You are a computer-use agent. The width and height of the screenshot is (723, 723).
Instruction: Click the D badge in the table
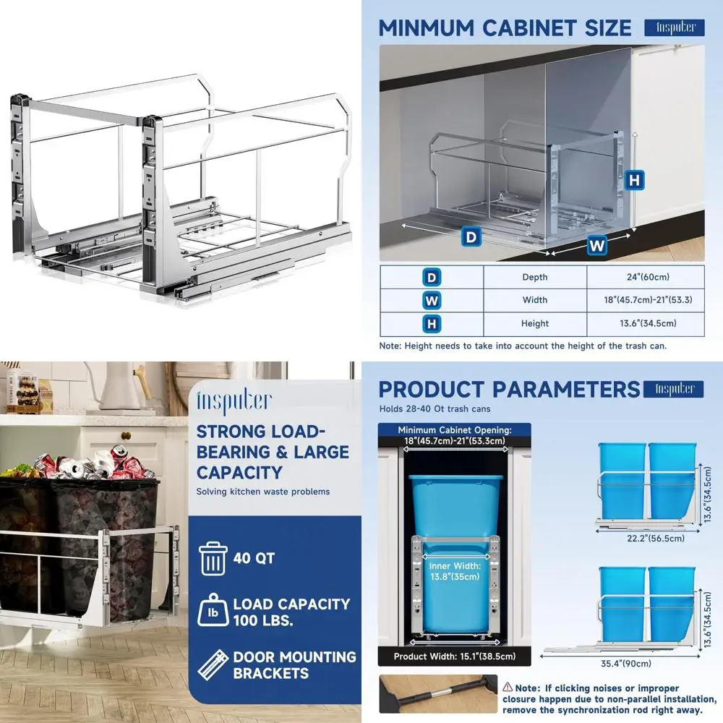(x=432, y=277)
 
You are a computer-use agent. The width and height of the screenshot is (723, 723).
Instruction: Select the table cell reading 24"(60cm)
(x=646, y=277)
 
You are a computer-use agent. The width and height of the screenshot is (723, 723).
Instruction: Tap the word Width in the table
(x=535, y=300)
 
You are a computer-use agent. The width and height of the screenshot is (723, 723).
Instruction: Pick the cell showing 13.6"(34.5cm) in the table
(x=646, y=323)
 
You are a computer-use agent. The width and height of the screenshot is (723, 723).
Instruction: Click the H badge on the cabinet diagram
(x=634, y=179)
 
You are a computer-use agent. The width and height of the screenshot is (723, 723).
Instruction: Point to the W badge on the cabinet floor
(x=596, y=246)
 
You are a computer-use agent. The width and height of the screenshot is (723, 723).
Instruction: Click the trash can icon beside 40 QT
(x=213, y=558)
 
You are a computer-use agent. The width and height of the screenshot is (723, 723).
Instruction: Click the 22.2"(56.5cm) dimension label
(x=647, y=538)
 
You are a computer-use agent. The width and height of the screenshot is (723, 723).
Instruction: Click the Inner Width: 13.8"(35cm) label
(x=454, y=572)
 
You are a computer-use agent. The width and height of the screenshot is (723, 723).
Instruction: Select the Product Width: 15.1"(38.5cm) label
(x=454, y=656)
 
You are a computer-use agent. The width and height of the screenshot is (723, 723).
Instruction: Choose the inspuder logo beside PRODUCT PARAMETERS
(x=674, y=389)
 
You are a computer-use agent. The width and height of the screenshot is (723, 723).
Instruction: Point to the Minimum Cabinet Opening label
(x=454, y=435)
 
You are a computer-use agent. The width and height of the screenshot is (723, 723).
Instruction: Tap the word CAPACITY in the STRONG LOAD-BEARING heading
(x=239, y=472)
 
